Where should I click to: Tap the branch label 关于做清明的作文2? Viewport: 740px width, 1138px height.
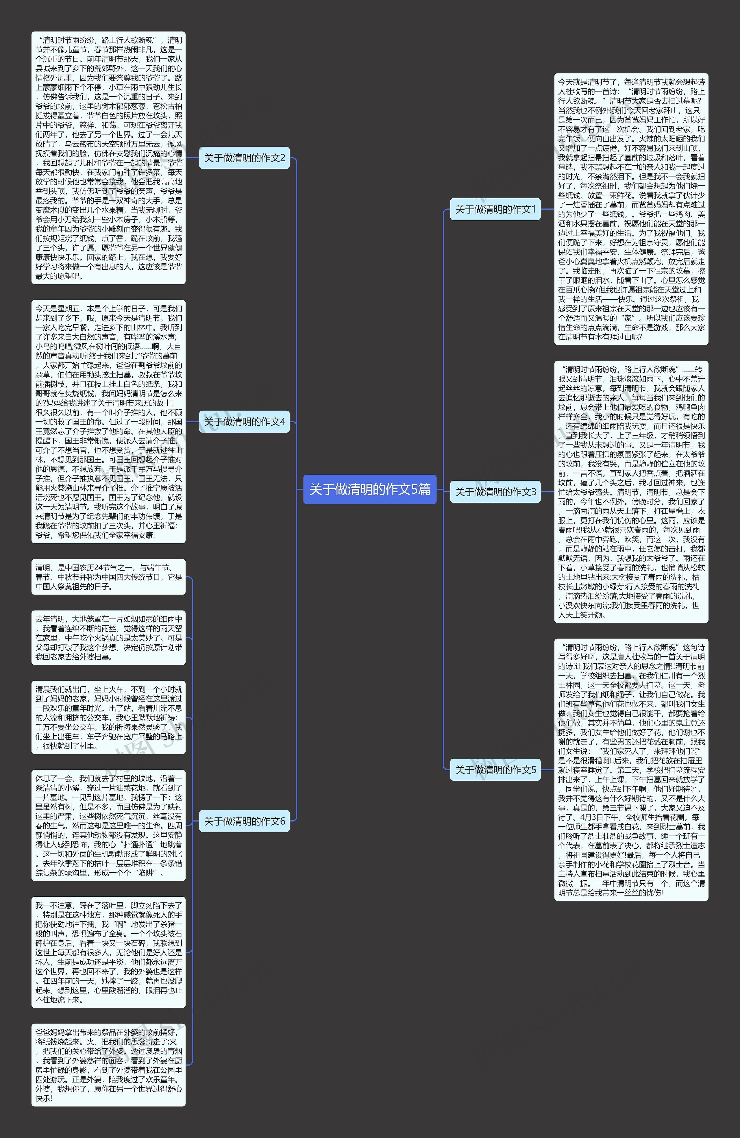click(244, 158)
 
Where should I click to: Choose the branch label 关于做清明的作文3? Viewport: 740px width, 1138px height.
click(495, 492)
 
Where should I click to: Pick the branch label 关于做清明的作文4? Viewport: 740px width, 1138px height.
click(244, 421)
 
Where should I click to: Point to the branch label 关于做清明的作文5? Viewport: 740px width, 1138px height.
click(495, 770)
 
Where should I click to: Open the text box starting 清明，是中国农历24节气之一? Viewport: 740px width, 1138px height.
click(108, 577)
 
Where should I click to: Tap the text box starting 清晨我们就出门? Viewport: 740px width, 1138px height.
click(108, 717)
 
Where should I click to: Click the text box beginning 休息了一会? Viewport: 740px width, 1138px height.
click(108, 825)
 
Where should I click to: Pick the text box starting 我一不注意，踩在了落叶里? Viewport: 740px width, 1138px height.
click(108, 952)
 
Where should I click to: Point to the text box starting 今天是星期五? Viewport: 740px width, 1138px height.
click(108, 421)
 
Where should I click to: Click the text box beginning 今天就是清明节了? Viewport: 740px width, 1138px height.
click(631, 209)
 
